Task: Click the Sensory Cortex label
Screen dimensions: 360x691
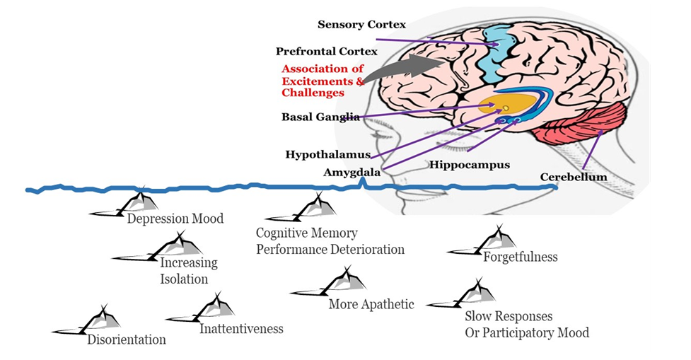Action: (x=361, y=25)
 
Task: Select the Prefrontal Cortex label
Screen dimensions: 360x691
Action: (x=326, y=52)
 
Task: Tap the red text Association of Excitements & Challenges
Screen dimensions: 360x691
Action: (x=323, y=81)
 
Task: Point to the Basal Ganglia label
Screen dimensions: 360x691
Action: (x=320, y=117)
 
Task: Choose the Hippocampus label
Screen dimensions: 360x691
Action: (x=469, y=165)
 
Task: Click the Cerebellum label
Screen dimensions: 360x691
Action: (x=573, y=177)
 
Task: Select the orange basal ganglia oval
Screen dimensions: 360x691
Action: (x=505, y=106)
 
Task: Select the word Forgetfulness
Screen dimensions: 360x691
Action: (x=520, y=257)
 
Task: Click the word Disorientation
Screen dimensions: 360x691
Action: (x=127, y=340)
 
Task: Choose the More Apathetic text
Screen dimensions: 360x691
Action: (x=371, y=304)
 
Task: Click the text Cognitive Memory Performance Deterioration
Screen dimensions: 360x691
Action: (x=330, y=241)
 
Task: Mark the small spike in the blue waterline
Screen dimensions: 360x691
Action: (x=362, y=182)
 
